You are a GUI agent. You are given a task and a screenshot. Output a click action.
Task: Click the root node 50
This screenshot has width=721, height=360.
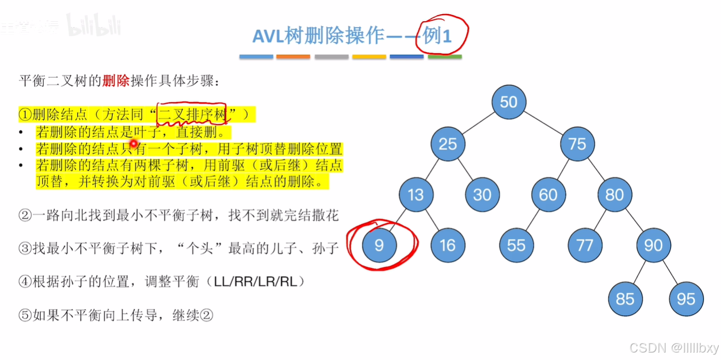[x=509, y=102]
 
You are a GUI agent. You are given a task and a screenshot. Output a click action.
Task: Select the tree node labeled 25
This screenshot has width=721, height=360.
[x=448, y=144]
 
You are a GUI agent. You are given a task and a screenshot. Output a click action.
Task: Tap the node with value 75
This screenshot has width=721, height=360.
[x=577, y=144]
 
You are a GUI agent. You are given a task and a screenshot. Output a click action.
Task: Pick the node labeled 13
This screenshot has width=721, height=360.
[x=416, y=194]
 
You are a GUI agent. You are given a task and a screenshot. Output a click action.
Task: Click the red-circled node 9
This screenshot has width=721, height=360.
[x=379, y=245]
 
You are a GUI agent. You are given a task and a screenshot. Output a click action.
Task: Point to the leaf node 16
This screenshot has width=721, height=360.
[x=448, y=245]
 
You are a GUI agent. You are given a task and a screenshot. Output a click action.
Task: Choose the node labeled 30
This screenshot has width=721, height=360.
[x=482, y=194]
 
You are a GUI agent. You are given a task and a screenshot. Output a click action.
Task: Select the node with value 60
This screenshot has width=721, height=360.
[x=548, y=194]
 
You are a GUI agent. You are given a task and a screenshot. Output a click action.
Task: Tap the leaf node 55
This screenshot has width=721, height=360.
[x=516, y=245]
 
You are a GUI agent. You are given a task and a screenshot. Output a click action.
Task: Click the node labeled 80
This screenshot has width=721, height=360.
[x=614, y=194]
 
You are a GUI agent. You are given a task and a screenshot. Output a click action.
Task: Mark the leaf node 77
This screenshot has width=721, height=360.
[x=585, y=245]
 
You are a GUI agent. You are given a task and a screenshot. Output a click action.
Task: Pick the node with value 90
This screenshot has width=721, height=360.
[x=653, y=245]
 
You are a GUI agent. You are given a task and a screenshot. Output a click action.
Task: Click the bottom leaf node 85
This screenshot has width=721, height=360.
[x=625, y=299]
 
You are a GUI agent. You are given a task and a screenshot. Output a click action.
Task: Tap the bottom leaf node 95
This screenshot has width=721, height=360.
[x=686, y=299]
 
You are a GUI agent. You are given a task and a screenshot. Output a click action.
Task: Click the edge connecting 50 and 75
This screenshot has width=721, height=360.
[x=543, y=123]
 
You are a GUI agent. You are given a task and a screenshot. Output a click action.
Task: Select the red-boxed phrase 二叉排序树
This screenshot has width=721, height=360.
[x=192, y=113]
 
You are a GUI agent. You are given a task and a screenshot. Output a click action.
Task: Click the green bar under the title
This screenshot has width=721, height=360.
[x=444, y=56]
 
